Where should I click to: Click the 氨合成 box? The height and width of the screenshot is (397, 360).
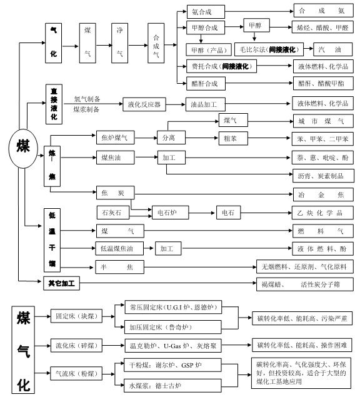click(x=206, y=11)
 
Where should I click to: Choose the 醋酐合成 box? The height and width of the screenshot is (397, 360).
click(x=206, y=83)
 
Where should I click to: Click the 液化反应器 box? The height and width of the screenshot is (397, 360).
click(x=145, y=104)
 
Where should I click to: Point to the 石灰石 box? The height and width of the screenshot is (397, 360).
click(x=112, y=213)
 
